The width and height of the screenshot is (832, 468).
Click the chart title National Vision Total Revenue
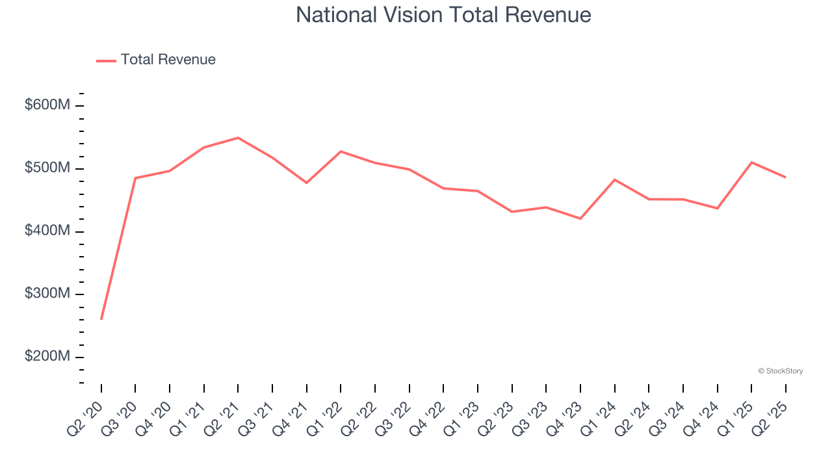(x=443, y=15)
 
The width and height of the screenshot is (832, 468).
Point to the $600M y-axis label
(x=47, y=105)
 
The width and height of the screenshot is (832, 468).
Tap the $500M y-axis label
(x=47, y=168)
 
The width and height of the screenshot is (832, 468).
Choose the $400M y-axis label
(x=47, y=231)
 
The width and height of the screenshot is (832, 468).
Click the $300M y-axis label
(x=47, y=294)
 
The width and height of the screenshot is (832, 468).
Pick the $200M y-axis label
(x=47, y=357)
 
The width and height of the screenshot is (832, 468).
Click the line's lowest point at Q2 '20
(x=101, y=319)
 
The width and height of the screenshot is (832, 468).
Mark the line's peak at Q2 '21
(x=238, y=138)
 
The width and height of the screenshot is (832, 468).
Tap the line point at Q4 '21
(x=307, y=183)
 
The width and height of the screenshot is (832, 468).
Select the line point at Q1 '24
(x=615, y=179)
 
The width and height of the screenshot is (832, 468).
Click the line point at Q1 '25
(x=751, y=162)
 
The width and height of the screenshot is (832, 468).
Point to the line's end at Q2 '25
(x=785, y=177)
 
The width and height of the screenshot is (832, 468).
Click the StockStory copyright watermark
(x=780, y=371)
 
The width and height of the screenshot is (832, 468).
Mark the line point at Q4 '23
(x=580, y=218)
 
